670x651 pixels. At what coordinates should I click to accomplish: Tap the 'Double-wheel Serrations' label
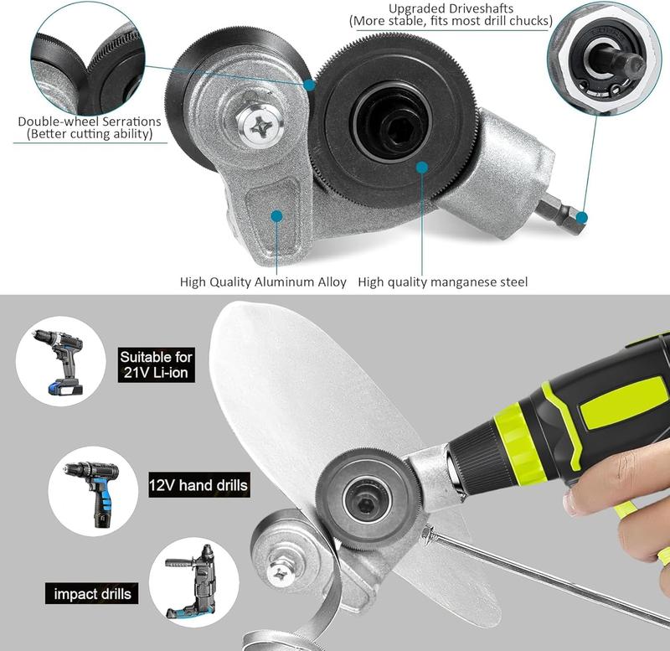[x=90, y=121]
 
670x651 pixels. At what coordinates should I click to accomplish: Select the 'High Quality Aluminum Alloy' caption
[x=263, y=282]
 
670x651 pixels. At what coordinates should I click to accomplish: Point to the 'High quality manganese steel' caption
[x=442, y=282]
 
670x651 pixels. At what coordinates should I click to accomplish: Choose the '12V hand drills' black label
[x=198, y=484]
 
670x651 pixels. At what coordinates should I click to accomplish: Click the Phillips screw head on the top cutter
[x=254, y=126]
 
